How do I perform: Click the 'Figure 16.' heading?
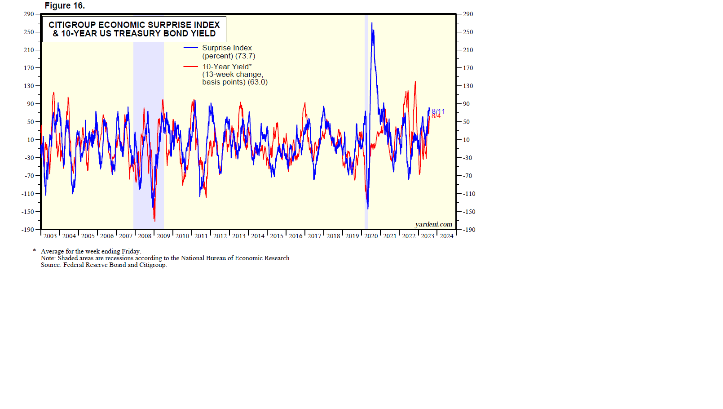pos(65,6)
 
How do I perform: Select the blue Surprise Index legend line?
pos(190,48)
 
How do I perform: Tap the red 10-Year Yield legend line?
pos(190,67)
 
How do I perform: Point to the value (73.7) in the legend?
pos(245,56)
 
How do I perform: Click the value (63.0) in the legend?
pos(258,82)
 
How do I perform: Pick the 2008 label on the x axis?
pos(145,236)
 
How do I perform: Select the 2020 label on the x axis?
pos(371,236)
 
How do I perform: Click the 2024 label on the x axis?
pos(446,236)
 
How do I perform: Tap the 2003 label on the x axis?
pos(50,236)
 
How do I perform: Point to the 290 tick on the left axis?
pos(29,14)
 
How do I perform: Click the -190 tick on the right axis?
pos(468,230)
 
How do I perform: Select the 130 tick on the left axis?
pos(29,86)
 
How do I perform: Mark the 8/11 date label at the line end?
pos(439,111)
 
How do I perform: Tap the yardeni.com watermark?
pos(433,224)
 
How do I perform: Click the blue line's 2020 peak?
pos(371,23)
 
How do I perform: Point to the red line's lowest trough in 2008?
pos(155,221)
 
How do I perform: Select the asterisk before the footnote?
pos(35,251)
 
